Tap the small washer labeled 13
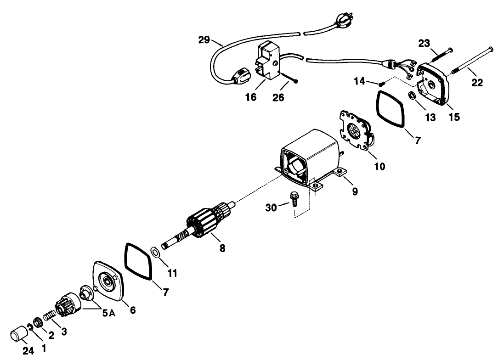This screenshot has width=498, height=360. [x=412, y=96]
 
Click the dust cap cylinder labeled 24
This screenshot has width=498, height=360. [x=20, y=333]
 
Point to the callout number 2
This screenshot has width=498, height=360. [x=51, y=336]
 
